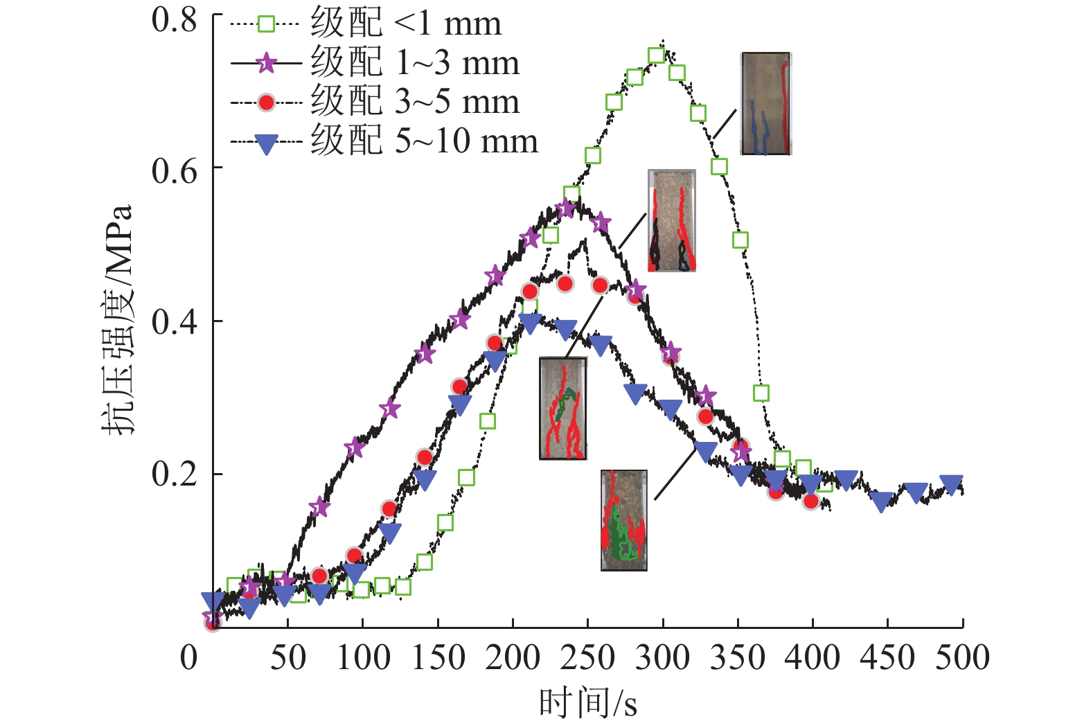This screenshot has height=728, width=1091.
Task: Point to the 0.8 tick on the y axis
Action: click(175, 20)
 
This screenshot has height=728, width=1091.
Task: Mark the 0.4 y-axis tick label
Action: click(175, 322)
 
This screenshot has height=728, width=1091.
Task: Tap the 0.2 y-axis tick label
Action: click(175, 475)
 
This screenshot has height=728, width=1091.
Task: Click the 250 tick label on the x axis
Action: click(587, 657)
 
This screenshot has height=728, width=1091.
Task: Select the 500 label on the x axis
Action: click(962, 657)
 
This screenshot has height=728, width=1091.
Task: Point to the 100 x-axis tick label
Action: click(363, 657)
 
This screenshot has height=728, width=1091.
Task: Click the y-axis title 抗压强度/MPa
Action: click(116, 320)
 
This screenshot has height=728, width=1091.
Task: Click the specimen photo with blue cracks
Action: click(765, 103)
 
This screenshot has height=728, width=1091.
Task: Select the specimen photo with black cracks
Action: click(671, 220)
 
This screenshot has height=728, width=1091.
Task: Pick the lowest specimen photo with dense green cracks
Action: click(623, 520)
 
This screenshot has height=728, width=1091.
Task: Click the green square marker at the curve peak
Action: click(656, 56)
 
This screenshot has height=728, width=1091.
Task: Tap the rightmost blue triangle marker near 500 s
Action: click(952, 484)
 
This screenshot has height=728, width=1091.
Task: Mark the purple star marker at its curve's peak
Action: click(566, 208)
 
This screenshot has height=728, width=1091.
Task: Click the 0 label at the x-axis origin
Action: click(189, 657)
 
